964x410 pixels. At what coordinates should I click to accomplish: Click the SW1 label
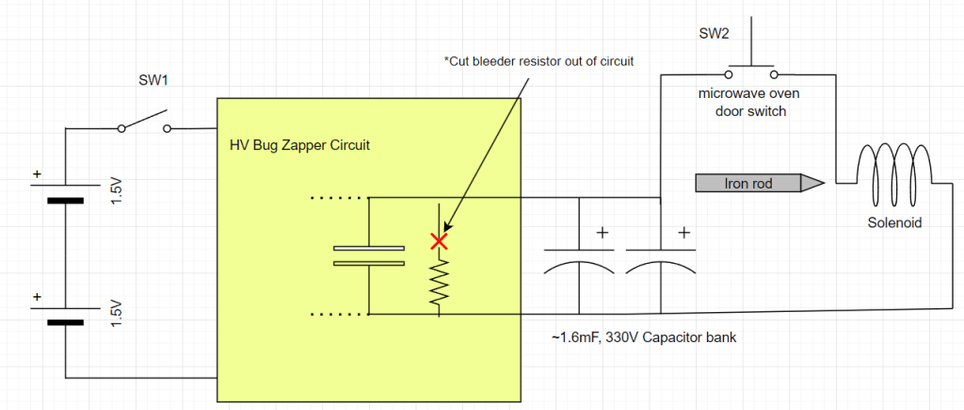point(153,80)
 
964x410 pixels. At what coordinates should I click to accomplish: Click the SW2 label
point(713,34)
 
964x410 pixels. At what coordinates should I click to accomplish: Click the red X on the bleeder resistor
point(438,241)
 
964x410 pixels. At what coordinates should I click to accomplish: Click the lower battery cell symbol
point(65,316)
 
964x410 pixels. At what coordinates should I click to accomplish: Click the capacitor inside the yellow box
point(368,255)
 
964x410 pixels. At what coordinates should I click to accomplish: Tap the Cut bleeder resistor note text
point(539,61)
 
